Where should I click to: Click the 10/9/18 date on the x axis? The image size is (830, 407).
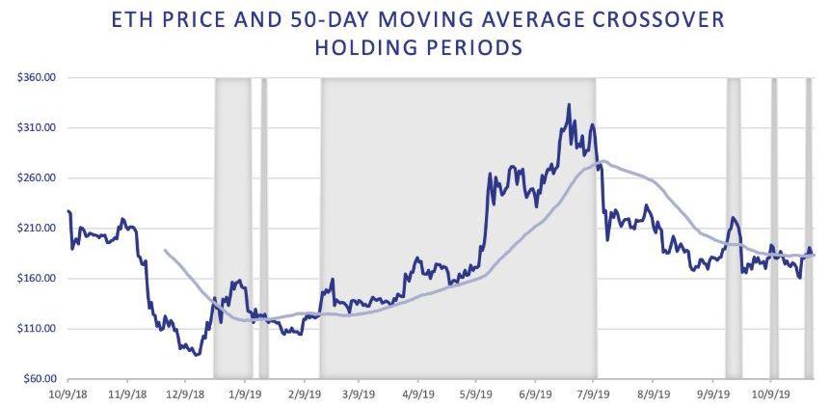pyautogui.click(x=67, y=393)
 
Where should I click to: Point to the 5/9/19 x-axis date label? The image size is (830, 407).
pyautogui.click(x=475, y=393)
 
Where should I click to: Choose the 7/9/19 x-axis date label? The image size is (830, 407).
pyautogui.click(x=592, y=393)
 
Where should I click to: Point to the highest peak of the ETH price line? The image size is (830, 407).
pyautogui.click(x=569, y=104)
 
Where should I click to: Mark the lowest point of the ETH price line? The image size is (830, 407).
pyautogui.click(x=198, y=355)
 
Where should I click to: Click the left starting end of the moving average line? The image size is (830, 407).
pyautogui.click(x=166, y=251)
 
